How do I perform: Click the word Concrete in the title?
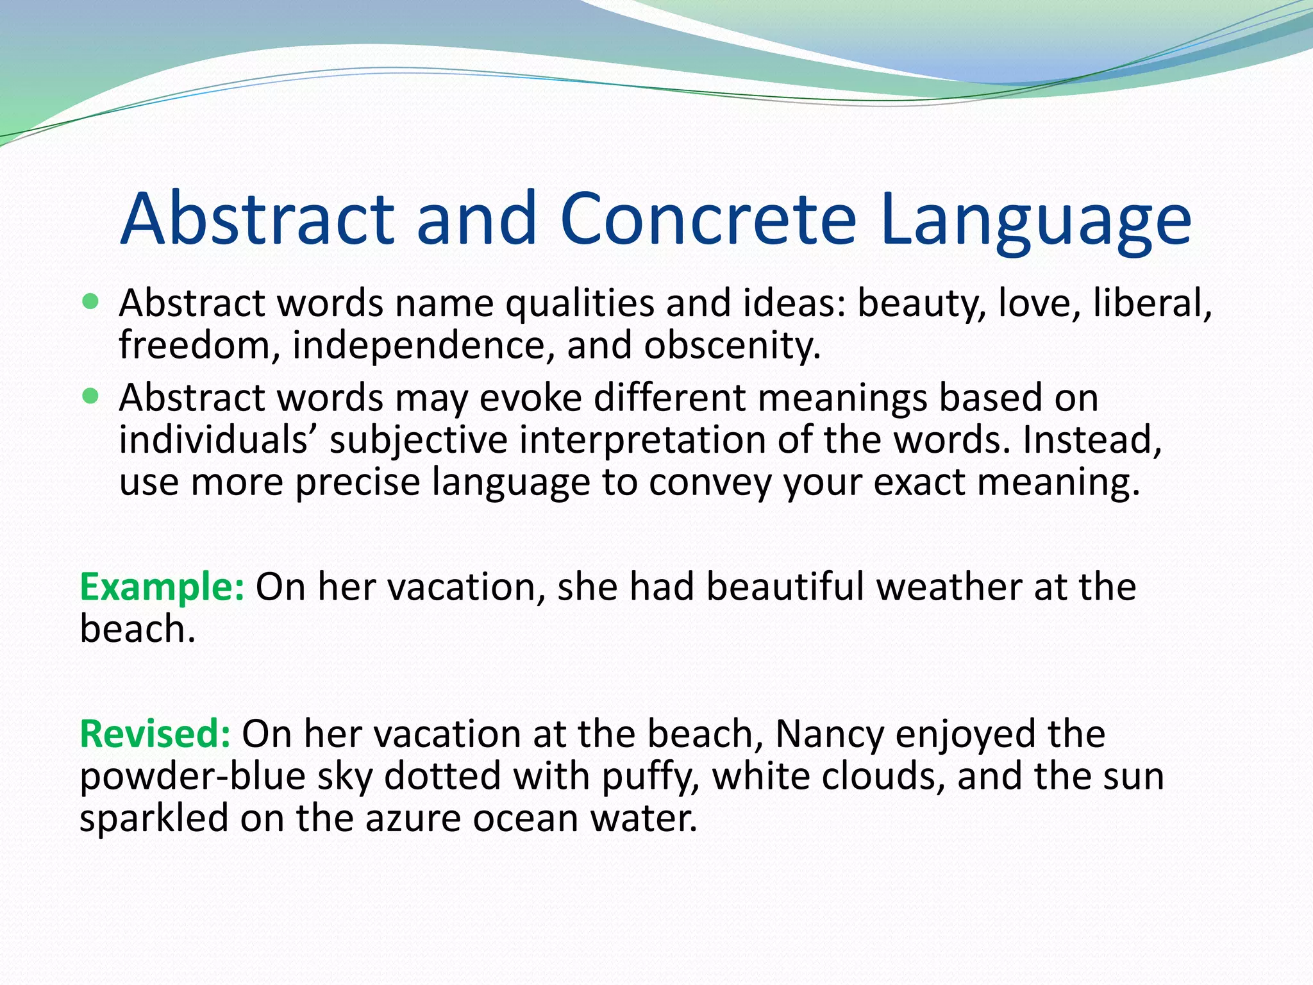point(708,219)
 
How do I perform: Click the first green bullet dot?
point(91,301)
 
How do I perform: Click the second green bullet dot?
point(91,396)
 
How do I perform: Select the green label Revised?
point(155,734)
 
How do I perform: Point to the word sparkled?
point(154,818)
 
